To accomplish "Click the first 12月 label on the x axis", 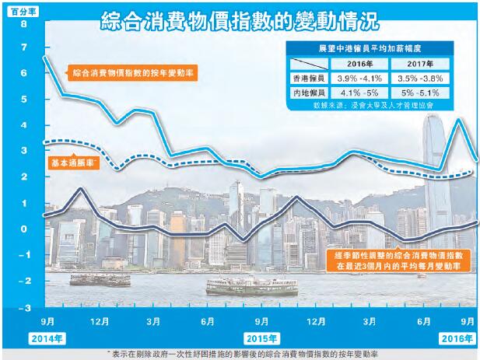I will click(100, 321).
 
